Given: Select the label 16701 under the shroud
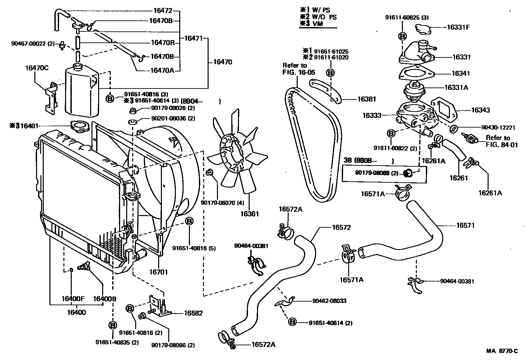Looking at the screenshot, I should [x=158, y=272].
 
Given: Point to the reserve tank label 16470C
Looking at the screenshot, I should [x=37, y=68].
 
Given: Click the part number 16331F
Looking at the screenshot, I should [x=458, y=27].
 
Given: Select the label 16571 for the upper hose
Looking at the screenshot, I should [x=465, y=225].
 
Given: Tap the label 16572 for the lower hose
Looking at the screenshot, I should [x=341, y=227].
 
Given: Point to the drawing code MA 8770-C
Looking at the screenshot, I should [x=502, y=351].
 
